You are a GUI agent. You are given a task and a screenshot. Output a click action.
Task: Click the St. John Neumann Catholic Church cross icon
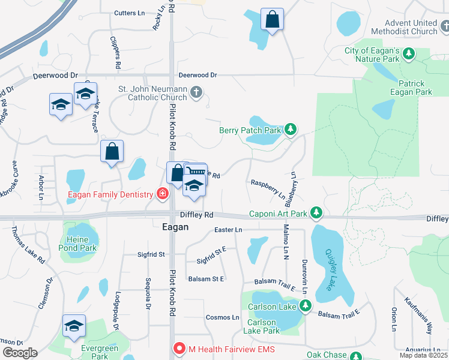tap(196, 92)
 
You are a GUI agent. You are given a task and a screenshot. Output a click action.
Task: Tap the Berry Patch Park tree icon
tap(291, 130)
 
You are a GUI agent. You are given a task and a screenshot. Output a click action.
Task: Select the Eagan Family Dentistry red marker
tap(161, 194)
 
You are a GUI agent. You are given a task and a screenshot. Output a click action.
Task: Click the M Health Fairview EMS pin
tap(179, 348)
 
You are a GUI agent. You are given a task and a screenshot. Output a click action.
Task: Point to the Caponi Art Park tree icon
tap(316, 213)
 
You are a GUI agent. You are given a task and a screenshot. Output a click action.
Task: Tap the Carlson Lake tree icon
tap(306, 307)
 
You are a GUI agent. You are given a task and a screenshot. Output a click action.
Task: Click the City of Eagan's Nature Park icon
tap(409, 55)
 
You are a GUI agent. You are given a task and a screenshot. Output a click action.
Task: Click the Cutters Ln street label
tap(130, 13)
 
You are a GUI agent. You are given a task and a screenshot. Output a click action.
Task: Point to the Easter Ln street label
tap(228, 230)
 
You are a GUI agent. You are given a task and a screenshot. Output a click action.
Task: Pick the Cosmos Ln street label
tap(223, 317)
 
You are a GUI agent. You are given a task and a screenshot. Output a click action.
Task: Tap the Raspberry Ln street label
tap(268, 188)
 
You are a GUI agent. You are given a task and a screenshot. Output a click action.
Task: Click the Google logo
tap(20, 353)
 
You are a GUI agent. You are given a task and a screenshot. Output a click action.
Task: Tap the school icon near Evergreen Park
tap(74, 328)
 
